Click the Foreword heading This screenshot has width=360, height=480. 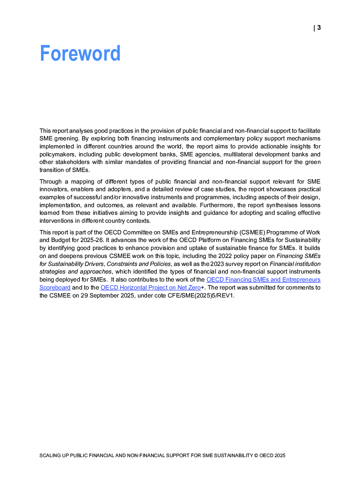coord(80,53)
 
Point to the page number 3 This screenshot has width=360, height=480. coord(319,28)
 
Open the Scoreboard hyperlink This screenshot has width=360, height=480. coord(55,287)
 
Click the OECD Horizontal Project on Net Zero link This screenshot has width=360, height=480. coord(150,287)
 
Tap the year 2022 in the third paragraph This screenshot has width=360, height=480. coord(225,256)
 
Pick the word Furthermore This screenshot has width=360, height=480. coord(217,205)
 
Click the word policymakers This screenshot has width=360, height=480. coord(57,154)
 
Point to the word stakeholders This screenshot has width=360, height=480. coord(73,162)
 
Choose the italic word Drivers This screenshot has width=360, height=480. coord(94,264)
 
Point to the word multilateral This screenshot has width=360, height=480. coord(240,154)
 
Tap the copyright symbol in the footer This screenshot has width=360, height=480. coord(256,455)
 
